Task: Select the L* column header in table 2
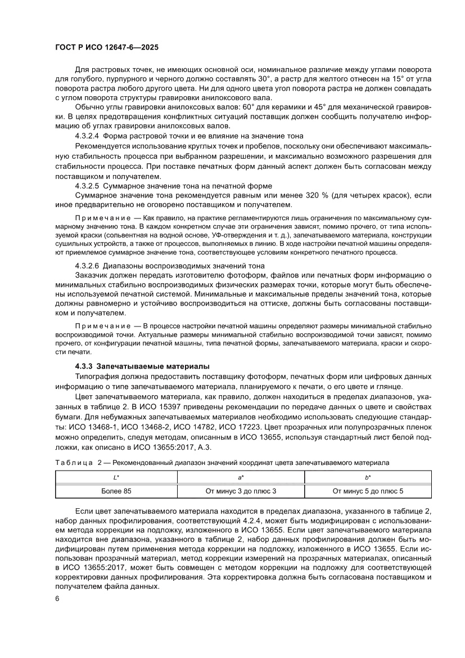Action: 116,477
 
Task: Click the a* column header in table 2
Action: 241,477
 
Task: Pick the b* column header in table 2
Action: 367,477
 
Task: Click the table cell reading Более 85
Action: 116,491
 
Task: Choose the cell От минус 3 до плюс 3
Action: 241,491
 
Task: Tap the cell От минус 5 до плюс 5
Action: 367,491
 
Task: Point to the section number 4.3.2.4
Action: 87,136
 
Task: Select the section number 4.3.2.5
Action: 87,186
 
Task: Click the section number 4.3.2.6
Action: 87,265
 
